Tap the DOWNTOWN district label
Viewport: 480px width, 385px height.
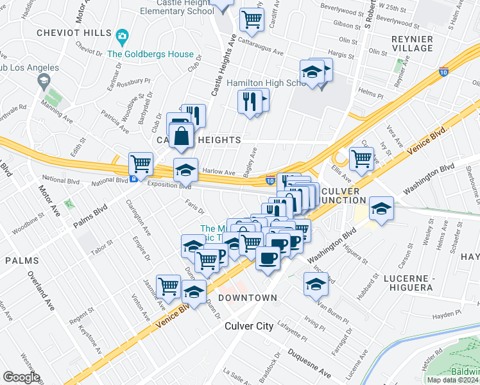(247, 298)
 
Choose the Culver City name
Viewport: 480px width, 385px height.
(248, 326)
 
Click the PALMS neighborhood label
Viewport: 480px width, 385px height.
(22, 261)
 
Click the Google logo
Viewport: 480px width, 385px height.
(21, 377)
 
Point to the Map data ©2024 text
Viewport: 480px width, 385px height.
(453, 380)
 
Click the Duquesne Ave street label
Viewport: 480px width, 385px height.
(309, 363)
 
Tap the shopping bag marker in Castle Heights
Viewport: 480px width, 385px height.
(182, 136)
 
